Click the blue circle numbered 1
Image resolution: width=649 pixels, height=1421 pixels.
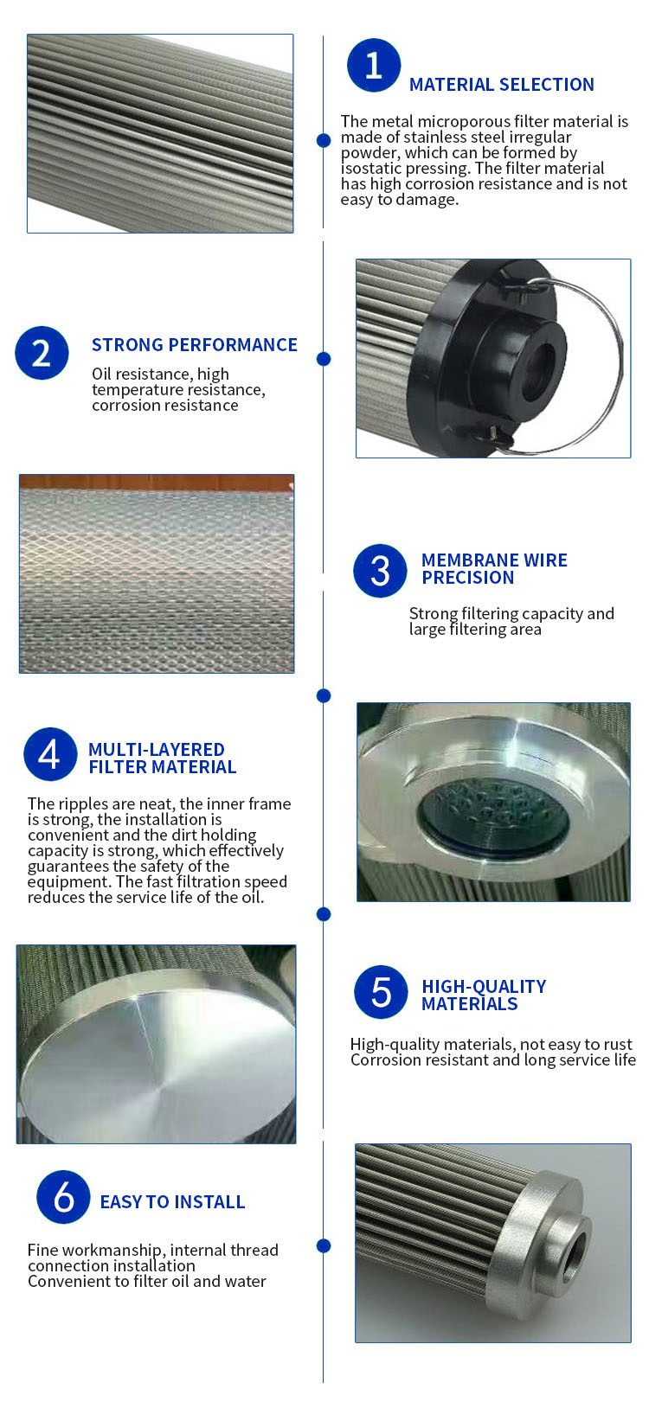point(374,65)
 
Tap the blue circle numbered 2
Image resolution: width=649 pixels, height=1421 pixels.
point(42,353)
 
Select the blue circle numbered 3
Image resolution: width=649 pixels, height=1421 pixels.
point(380,570)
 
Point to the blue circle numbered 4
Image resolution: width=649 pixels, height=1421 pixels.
point(50,753)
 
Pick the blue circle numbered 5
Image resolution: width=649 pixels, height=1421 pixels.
point(382,991)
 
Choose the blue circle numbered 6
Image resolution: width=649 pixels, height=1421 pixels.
point(63,1196)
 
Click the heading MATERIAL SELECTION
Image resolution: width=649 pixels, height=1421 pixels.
point(501,85)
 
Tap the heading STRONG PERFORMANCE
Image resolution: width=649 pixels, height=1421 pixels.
point(194,344)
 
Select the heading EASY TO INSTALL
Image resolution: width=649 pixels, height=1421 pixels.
point(172,1201)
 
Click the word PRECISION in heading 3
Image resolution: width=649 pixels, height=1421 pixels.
point(467,577)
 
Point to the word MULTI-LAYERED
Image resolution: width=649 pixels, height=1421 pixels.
point(156,749)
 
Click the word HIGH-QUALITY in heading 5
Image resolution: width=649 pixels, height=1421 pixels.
point(484,987)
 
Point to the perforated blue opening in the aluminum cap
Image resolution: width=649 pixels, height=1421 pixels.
point(492,817)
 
